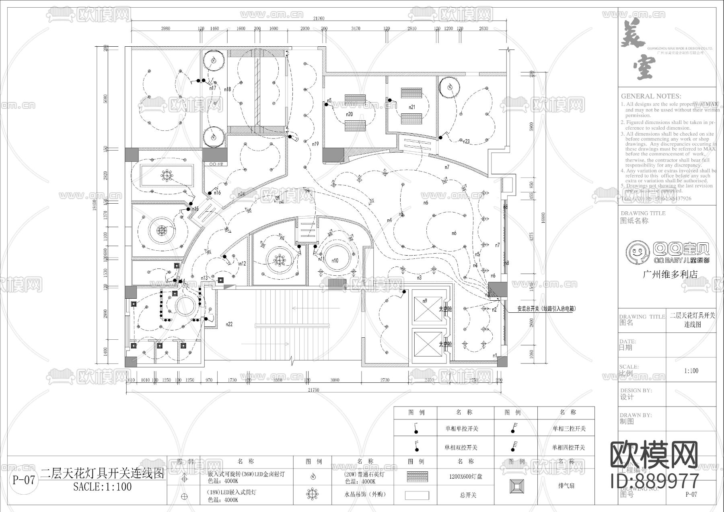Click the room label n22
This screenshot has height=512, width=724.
(230, 324)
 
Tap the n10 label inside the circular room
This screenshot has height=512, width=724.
(335, 261)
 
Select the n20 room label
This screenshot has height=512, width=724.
(349, 114)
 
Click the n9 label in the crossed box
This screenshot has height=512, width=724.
(425, 301)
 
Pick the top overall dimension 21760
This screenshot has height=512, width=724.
(319, 19)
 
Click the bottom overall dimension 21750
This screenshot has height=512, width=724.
(313, 390)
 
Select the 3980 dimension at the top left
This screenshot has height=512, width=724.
(165, 29)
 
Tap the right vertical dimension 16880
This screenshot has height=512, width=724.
(543, 218)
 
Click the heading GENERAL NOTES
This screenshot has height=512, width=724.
(651, 96)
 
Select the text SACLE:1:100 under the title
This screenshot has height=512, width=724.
(103, 487)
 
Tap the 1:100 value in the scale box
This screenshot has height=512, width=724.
(691, 371)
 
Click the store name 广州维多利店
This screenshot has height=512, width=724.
(670, 275)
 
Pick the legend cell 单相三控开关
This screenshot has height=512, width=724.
(569, 429)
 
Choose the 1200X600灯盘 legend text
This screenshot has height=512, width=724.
(466, 477)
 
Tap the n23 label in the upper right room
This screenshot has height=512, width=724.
(467, 141)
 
